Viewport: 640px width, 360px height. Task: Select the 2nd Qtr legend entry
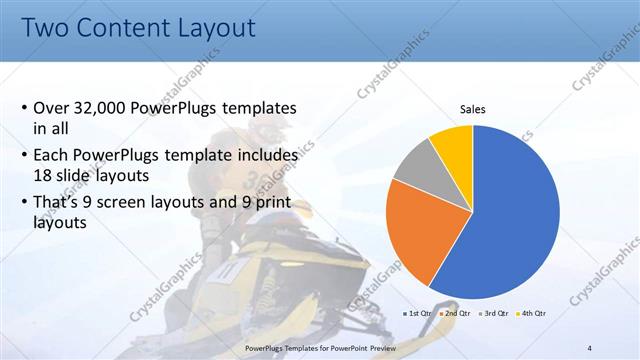click(455, 313)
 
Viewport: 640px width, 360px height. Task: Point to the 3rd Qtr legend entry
click(493, 313)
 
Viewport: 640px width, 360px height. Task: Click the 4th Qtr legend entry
click(531, 313)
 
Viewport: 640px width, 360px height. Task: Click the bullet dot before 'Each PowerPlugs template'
click(24, 157)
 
